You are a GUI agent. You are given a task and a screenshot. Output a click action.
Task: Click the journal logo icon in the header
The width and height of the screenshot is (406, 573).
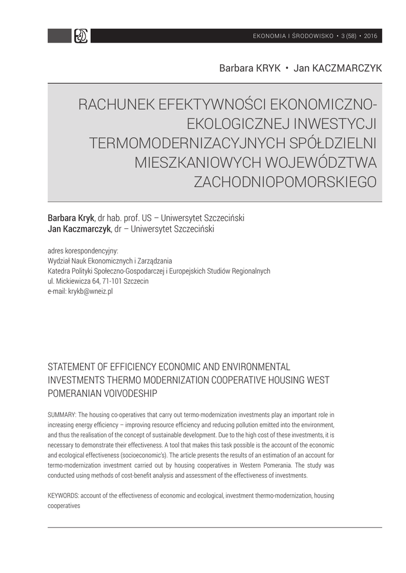click(x=81, y=36)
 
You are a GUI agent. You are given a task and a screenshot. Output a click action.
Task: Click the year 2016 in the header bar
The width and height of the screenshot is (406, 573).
click(x=371, y=36)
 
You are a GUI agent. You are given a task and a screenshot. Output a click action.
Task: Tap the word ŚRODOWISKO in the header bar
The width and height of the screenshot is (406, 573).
click(x=310, y=36)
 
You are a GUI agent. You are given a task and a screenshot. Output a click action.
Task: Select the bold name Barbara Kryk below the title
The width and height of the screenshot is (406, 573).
click(x=71, y=218)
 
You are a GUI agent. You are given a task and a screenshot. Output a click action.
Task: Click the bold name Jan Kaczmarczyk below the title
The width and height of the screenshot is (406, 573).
click(x=79, y=229)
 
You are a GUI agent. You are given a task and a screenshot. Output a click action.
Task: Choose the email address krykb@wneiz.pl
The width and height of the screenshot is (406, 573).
click(x=90, y=292)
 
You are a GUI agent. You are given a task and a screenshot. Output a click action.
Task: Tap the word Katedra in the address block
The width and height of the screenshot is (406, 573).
click(x=59, y=271)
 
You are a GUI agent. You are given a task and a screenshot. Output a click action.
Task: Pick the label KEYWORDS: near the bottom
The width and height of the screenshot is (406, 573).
click(x=64, y=496)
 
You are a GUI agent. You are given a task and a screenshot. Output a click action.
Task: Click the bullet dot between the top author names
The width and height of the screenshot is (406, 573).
click(x=287, y=68)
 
